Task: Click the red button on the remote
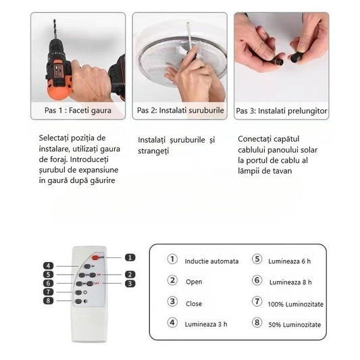click(x=95, y=257)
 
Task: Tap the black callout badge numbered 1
click(x=130, y=257)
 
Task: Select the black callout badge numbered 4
click(x=48, y=266)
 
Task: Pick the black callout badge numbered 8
click(x=48, y=301)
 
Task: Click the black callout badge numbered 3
click(x=130, y=284)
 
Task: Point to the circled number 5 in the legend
click(x=257, y=259)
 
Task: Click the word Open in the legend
click(x=194, y=282)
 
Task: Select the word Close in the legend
click(x=194, y=303)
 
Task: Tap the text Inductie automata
click(x=211, y=261)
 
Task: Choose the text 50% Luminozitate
click(x=294, y=325)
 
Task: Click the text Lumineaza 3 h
click(x=206, y=324)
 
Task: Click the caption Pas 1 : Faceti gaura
click(x=78, y=111)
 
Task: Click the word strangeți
click(x=153, y=151)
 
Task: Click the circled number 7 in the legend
click(x=257, y=302)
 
